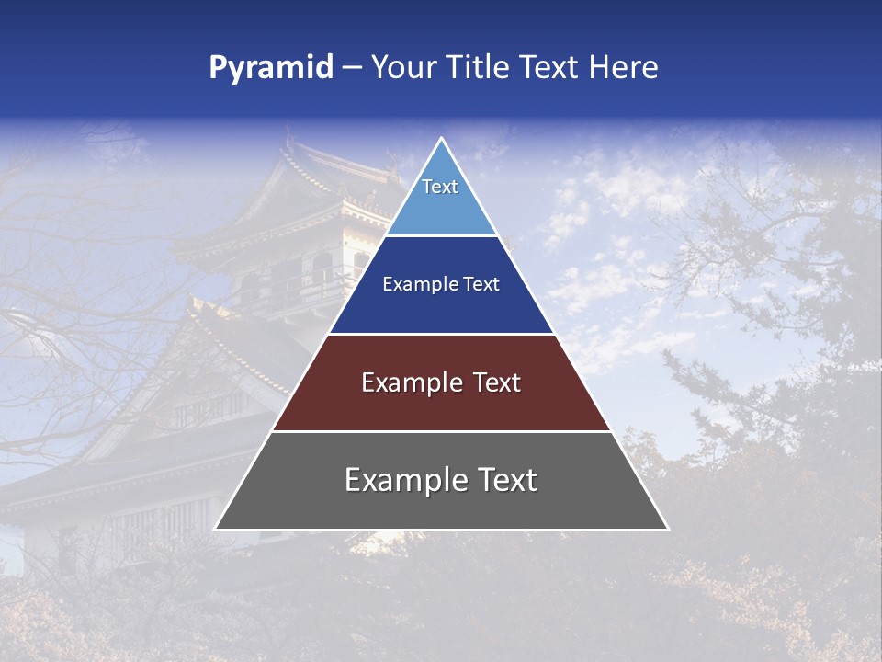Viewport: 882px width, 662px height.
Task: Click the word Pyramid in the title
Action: tap(271, 68)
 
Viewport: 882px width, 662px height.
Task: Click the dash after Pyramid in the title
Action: tap(352, 68)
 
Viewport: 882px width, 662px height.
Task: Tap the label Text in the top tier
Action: tap(440, 187)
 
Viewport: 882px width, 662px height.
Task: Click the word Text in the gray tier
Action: tap(505, 480)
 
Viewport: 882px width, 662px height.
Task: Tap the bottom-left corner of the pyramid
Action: tap(215, 530)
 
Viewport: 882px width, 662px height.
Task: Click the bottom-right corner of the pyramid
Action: tap(668, 530)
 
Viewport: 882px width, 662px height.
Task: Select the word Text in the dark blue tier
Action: tap(482, 284)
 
